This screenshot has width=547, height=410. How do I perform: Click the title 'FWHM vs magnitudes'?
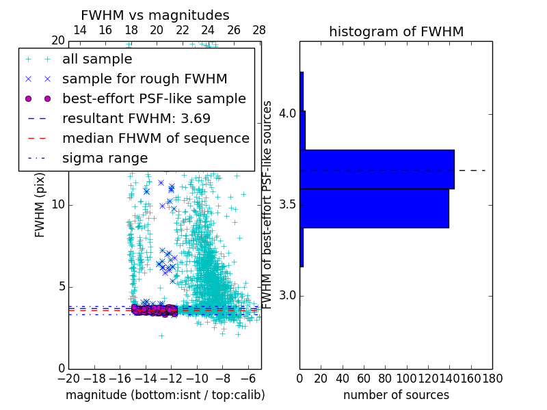pos(155,15)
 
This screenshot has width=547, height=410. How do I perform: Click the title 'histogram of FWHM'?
pos(396,31)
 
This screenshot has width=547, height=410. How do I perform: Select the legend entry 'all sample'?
pos(97,59)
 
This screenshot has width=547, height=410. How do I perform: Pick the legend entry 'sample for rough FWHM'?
pos(144,79)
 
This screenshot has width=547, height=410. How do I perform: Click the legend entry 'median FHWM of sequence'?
pos(155,138)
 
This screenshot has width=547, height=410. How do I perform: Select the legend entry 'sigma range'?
pos(105,158)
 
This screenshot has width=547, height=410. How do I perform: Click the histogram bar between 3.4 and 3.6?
pos(374,208)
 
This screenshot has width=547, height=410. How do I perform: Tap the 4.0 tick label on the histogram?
pos(287,113)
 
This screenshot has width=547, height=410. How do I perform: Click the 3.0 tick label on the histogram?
pos(287,296)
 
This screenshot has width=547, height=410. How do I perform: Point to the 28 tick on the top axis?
pos(258,30)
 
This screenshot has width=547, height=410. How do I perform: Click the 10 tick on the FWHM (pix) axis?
pos(57,205)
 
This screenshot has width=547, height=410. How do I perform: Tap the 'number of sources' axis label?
pos(396,395)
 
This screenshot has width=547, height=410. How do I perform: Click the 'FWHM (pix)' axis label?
pos(40,205)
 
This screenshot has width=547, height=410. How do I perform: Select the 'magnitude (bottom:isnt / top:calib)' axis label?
pos(165,395)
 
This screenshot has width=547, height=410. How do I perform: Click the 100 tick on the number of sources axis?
pos(407,379)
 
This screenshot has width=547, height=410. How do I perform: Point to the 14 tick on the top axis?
pos(79,30)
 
